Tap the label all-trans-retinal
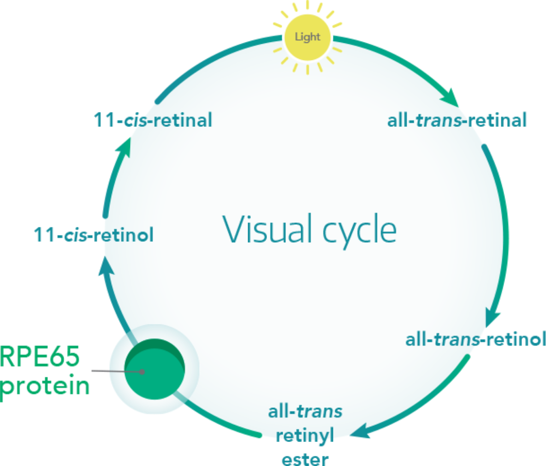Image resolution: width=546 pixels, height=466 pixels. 457,120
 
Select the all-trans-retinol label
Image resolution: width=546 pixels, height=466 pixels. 475,340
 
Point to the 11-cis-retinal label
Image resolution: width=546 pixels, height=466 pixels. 153,120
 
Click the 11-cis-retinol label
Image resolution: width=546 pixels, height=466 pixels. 94,235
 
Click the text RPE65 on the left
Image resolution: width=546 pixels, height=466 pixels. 40,357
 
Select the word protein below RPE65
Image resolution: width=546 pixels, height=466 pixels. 45,386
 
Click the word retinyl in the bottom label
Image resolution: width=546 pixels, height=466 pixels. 305,435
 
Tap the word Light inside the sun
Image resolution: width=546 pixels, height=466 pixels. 308,37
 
